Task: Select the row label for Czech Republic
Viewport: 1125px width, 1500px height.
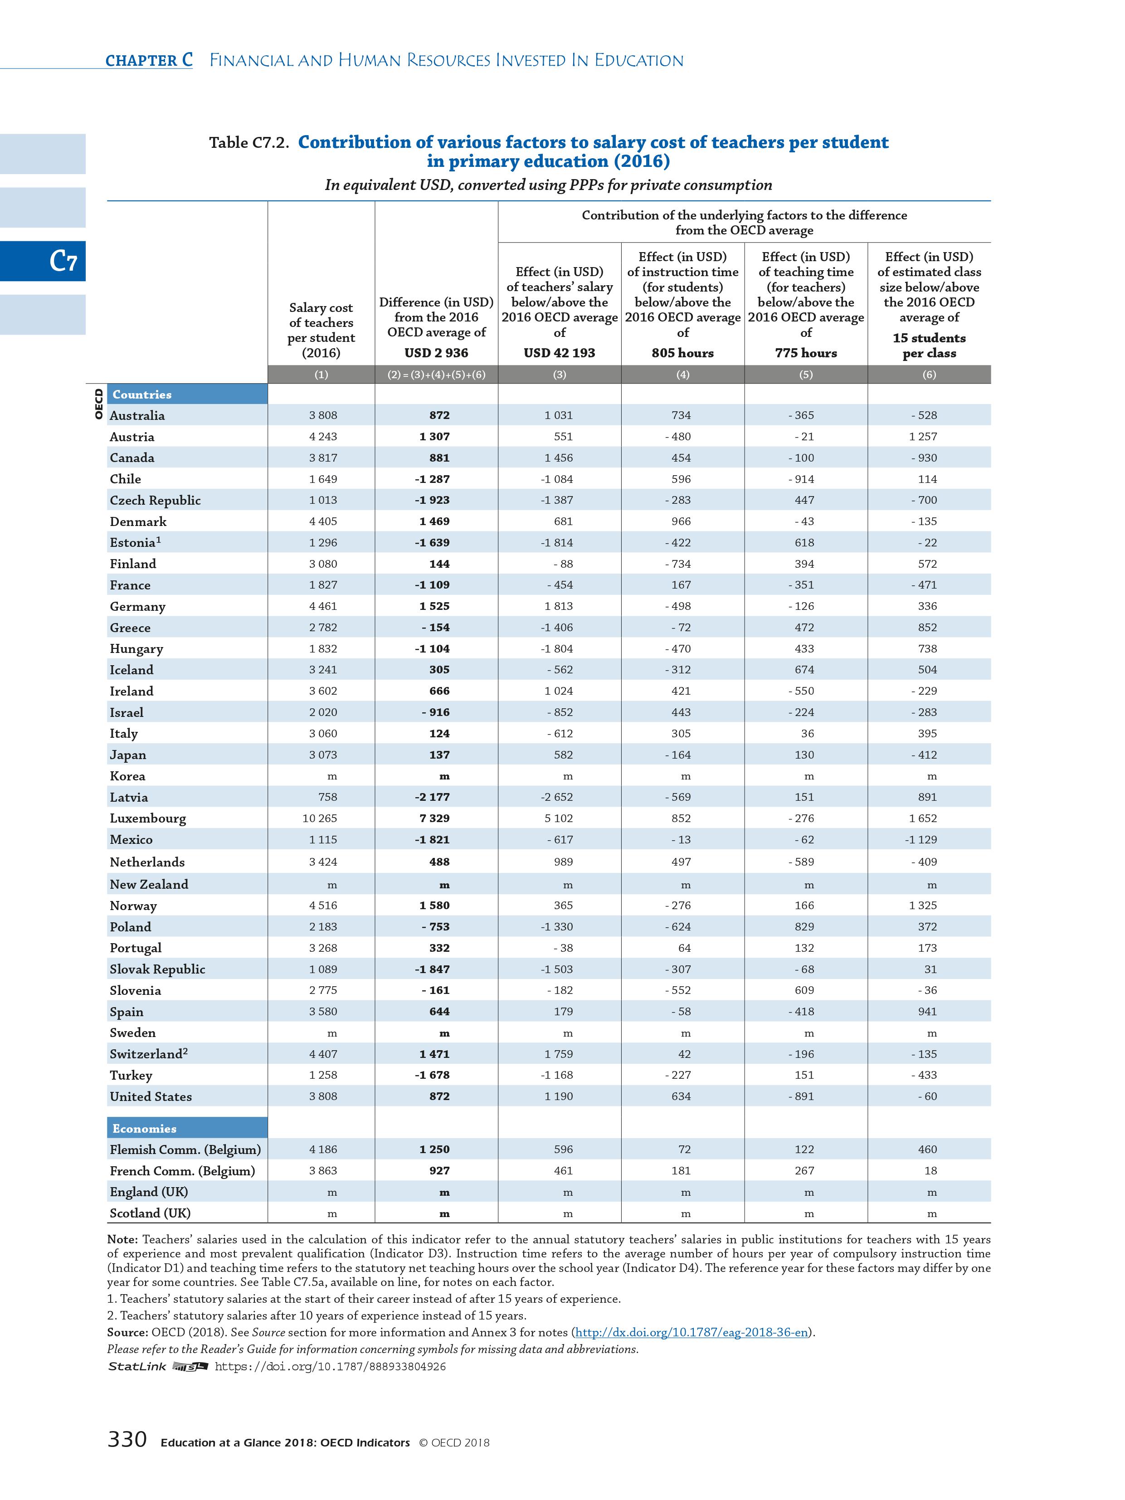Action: tap(155, 501)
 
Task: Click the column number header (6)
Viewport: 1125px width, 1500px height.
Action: tap(928, 375)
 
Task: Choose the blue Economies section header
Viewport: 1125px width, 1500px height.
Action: tap(145, 1128)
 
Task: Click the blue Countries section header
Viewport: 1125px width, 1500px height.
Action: tap(142, 394)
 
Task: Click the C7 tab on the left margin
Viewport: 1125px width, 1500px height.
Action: tap(63, 261)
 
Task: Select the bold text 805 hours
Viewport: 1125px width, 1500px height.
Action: tap(682, 353)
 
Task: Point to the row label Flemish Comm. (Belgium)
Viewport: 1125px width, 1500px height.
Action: tap(185, 1149)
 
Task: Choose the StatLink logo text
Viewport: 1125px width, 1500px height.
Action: tap(138, 1366)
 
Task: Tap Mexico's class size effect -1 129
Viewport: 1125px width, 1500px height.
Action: tap(920, 839)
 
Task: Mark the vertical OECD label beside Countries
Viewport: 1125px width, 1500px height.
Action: tap(98, 404)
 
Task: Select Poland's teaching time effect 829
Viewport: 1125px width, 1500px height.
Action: tap(804, 927)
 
